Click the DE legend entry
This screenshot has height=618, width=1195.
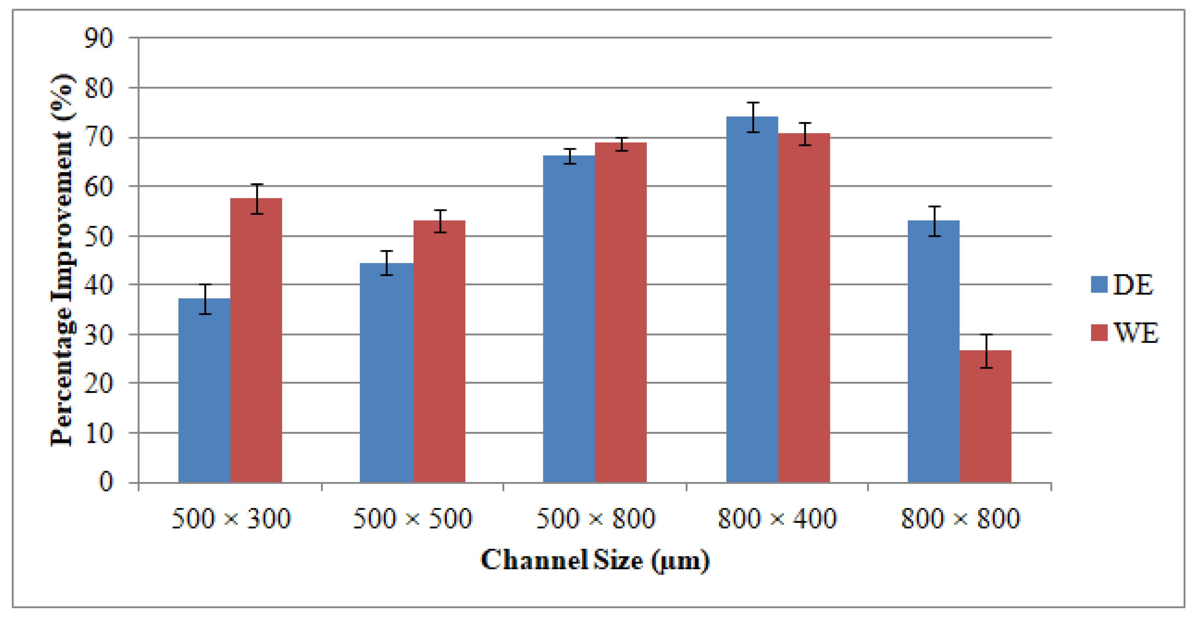1123,285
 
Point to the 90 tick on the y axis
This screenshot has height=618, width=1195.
98,38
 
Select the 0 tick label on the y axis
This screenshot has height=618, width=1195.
106,482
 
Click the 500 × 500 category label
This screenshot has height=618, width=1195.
412,518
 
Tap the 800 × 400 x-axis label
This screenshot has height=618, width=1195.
777,518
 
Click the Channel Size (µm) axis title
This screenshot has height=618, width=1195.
595,560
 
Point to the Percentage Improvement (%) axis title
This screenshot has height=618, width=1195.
62,260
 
